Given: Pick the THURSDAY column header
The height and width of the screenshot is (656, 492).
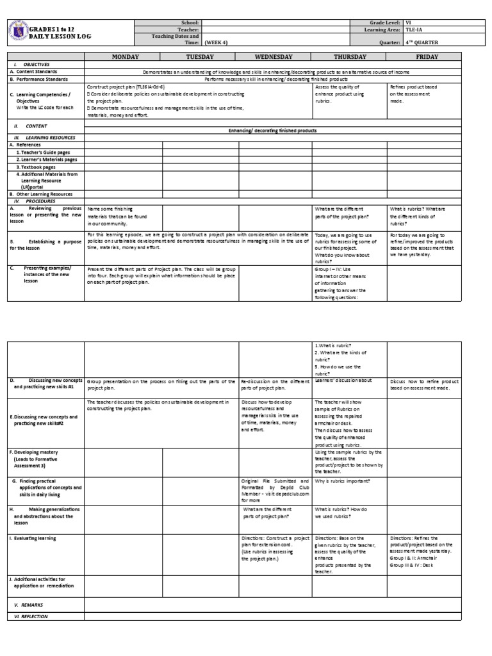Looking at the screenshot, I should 350,57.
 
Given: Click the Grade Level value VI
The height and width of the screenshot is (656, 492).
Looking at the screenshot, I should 409,22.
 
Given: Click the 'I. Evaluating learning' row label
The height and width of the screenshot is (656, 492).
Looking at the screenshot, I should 33,538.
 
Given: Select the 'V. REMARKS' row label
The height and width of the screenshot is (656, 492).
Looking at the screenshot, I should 29,604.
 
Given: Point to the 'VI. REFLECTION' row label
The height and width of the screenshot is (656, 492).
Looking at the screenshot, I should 31,616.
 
